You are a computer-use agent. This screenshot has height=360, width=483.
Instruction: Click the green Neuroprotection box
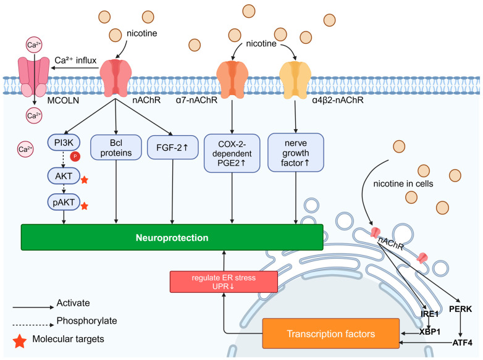click(x=172, y=237)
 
